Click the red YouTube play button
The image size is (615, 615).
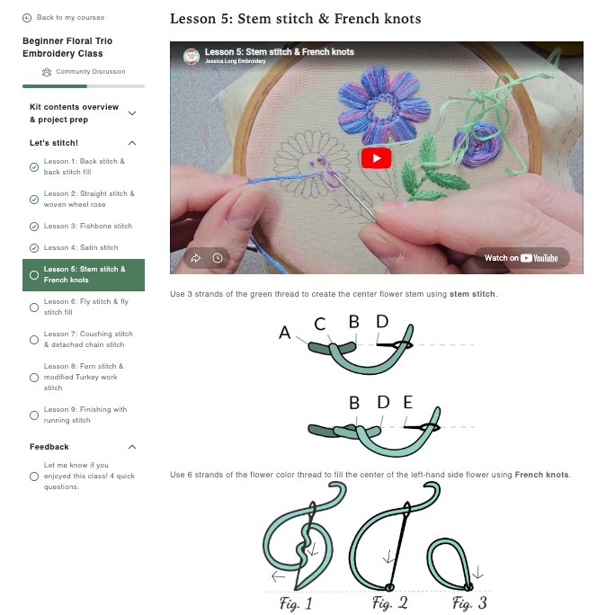click(x=376, y=158)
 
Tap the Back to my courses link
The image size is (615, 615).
click(x=64, y=18)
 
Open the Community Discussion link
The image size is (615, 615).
click(x=84, y=72)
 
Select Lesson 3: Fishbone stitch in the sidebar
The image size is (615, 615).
click(x=88, y=227)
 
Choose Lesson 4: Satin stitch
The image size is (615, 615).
click(x=81, y=248)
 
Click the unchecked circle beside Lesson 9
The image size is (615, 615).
click(x=34, y=415)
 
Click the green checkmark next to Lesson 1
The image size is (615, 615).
click(x=34, y=167)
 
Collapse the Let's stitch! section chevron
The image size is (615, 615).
click(x=132, y=143)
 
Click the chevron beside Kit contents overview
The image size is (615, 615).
click(x=132, y=113)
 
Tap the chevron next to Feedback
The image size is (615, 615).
click(x=132, y=447)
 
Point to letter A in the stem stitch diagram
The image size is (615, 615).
click(x=285, y=333)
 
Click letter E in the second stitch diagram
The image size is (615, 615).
click(x=408, y=403)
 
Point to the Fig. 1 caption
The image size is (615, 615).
click(x=296, y=603)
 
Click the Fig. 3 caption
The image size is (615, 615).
click(x=469, y=602)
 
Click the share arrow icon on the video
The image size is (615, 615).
click(x=196, y=258)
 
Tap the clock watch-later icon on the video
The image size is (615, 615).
click(x=218, y=258)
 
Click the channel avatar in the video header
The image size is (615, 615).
click(x=192, y=56)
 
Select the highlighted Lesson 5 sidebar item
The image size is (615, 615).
click(x=84, y=275)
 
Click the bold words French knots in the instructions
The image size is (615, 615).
click(x=541, y=475)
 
